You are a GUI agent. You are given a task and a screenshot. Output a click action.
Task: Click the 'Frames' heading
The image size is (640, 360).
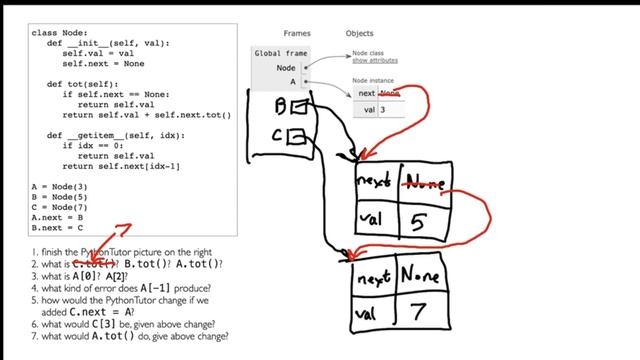[x=297, y=33]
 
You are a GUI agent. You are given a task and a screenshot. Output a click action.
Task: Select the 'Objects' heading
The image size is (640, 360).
[x=359, y=33]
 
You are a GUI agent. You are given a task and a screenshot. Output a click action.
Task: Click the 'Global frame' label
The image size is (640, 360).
[x=282, y=53]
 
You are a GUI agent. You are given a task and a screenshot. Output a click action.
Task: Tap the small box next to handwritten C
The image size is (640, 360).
[x=296, y=135]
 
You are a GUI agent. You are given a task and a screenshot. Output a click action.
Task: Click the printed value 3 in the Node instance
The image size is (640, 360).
[x=383, y=109]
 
